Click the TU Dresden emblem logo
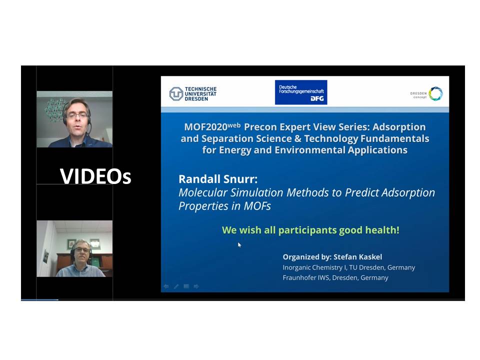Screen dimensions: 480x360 176,93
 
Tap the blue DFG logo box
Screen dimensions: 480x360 301,92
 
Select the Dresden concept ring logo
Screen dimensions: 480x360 435,93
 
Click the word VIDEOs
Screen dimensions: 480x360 95,176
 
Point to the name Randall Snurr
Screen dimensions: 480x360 218,179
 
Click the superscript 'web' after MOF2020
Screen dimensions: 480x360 234,125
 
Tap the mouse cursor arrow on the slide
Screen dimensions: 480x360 239,244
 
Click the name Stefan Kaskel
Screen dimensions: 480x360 357,257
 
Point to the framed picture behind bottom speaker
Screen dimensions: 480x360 71,244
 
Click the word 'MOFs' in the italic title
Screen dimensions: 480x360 257,206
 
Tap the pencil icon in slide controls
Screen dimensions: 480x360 176,286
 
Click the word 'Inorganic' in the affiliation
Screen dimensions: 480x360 297,267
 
